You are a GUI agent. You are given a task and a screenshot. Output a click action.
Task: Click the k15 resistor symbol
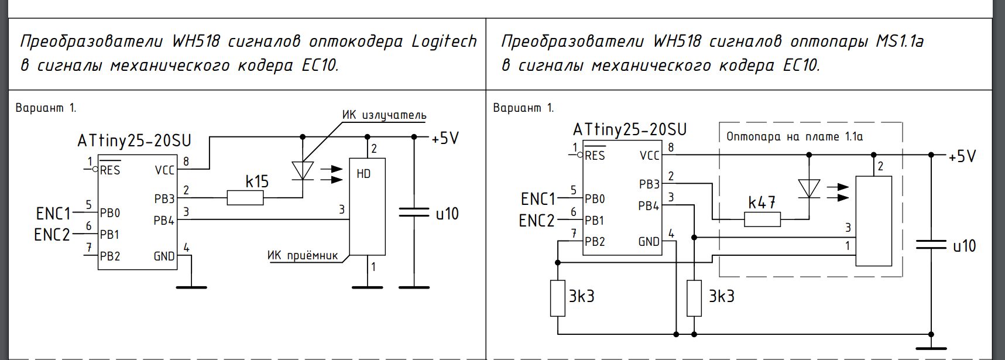point(245,198)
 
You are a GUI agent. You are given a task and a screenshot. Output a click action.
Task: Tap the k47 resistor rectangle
point(762,220)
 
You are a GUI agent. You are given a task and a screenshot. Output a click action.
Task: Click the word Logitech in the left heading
point(444,42)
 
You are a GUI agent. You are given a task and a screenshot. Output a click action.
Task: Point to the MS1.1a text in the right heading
point(900,42)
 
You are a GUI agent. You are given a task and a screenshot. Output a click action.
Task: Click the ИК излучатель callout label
point(384,115)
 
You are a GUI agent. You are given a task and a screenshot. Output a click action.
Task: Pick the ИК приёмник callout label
point(303,255)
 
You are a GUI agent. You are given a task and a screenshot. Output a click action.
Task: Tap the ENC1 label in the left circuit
point(53,213)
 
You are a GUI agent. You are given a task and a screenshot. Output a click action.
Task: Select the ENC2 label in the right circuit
point(537,221)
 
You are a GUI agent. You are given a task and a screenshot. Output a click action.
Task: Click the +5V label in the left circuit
point(445,139)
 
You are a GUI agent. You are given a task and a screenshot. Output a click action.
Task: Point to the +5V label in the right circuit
point(962,156)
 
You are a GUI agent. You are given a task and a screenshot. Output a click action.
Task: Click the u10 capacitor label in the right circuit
point(964,246)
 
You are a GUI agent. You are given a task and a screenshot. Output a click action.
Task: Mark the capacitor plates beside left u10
point(414,212)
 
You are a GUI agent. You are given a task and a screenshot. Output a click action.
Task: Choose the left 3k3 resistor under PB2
point(558,298)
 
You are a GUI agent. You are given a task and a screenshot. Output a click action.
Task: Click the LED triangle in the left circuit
point(303,170)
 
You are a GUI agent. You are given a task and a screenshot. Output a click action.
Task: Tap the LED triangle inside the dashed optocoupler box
point(809,188)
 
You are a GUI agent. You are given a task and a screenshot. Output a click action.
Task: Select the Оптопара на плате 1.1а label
point(794,136)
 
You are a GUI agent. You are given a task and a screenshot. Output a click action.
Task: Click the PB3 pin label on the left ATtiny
point(164,198)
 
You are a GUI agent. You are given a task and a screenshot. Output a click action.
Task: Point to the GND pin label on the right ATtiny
point(649,242)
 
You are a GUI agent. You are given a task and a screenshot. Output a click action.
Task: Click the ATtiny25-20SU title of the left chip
point(134,140)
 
